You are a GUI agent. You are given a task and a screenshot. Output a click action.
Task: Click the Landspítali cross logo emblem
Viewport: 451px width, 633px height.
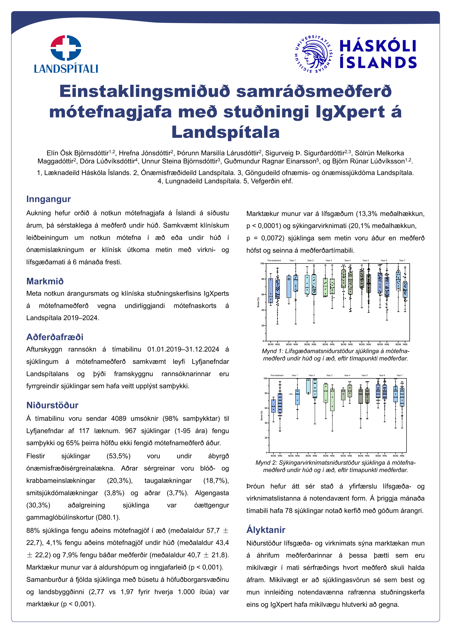[66, 48]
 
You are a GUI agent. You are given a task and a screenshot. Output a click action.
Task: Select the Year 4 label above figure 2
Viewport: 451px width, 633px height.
[347, 375]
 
